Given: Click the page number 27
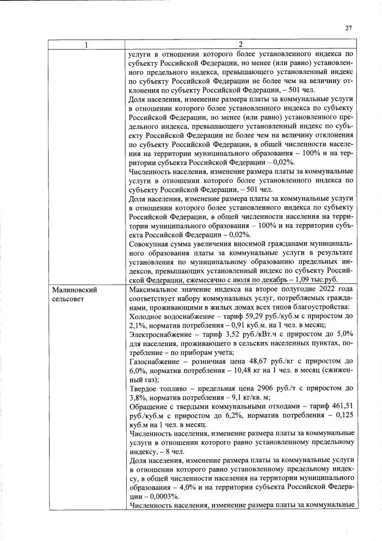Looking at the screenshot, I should (349, 27).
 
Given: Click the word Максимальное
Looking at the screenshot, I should (157, 289).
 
